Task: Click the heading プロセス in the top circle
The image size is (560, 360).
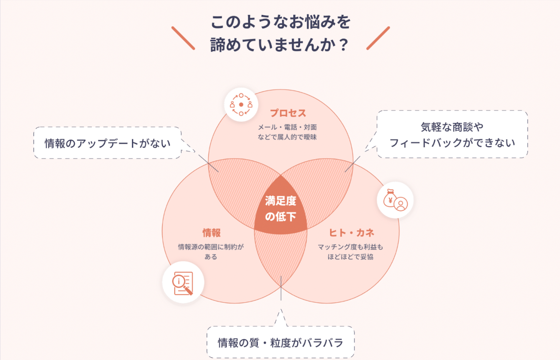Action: [x=288, y=113]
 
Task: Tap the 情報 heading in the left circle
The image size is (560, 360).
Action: [x=212, y=233]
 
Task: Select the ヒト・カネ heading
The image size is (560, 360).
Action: [x=352, y=233]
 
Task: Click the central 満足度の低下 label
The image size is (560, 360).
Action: [x=281, y=209]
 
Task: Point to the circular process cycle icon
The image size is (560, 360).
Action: [x=241, y=105]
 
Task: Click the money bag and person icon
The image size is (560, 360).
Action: [x=395, y=200]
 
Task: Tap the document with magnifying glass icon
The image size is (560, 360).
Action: [x=183, y=283]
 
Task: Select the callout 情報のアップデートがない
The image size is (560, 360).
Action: [x=108, y=143]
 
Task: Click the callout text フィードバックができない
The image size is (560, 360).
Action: [x=452, y=143]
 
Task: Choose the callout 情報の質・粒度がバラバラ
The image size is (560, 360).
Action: [x=281, y=343]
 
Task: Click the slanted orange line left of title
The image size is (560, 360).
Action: [x=183, y=38]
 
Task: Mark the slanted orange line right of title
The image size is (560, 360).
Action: [x=378, y=38]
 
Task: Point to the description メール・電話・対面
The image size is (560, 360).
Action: [x=287, y=127]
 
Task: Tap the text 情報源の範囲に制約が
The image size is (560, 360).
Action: [x=211, y=247]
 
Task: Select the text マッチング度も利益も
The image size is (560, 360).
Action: [x=350, y=247]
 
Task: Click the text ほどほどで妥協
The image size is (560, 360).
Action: [x=350, y=257]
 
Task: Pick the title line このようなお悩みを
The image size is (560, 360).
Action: [x=280, y=22]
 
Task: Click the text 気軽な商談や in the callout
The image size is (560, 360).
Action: [x=452, y=127]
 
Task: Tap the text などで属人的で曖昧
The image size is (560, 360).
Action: [x=287, y=137]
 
